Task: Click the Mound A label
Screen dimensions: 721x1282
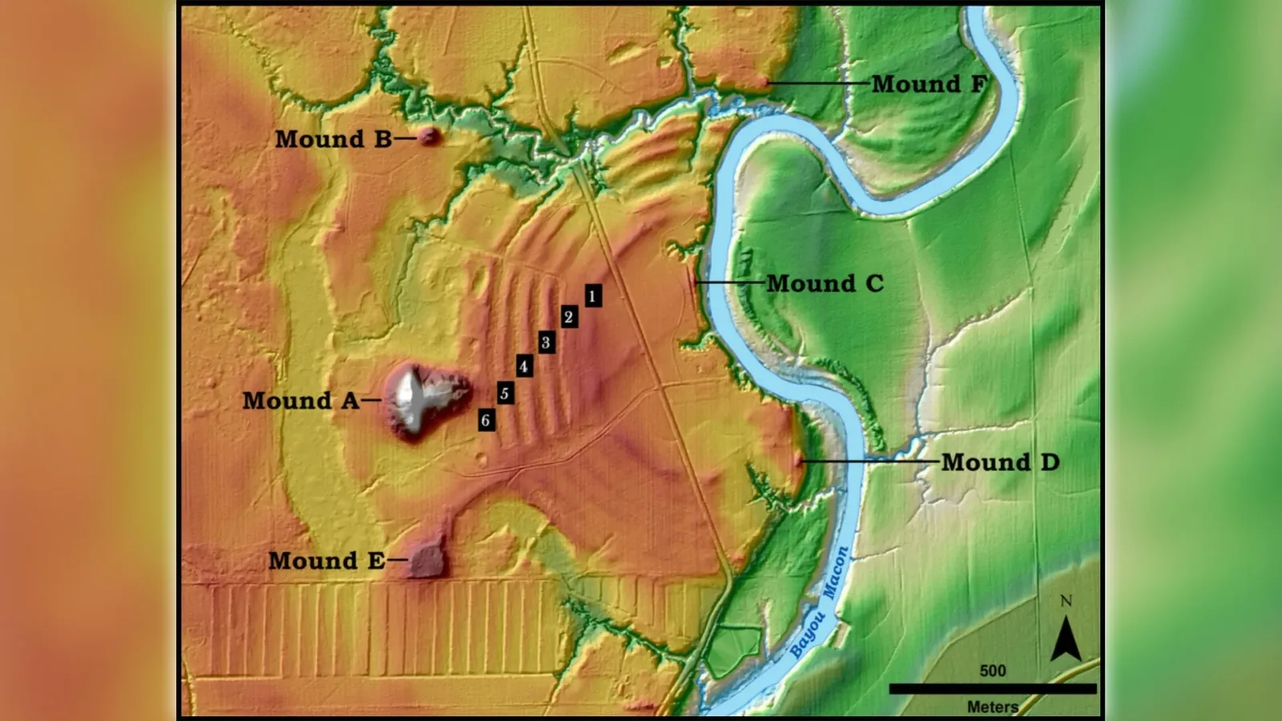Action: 300,401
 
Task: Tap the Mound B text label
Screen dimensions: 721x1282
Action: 333,139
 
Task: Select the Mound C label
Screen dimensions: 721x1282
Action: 824,284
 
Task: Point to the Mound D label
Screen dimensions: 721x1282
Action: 1000,462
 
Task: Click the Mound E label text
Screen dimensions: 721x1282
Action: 326,561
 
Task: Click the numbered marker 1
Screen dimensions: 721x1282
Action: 592,296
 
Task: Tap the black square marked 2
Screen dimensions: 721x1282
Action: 569,317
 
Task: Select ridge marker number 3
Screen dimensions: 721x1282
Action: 546,343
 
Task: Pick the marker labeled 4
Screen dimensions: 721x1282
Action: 524,367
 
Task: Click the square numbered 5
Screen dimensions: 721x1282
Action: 505,393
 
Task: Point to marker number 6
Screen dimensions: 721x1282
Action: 486,421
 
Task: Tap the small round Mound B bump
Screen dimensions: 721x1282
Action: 429,135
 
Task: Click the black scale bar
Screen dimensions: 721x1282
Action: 992,689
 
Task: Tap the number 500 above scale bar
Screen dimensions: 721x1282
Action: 992,671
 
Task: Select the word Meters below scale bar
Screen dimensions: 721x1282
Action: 992,707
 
